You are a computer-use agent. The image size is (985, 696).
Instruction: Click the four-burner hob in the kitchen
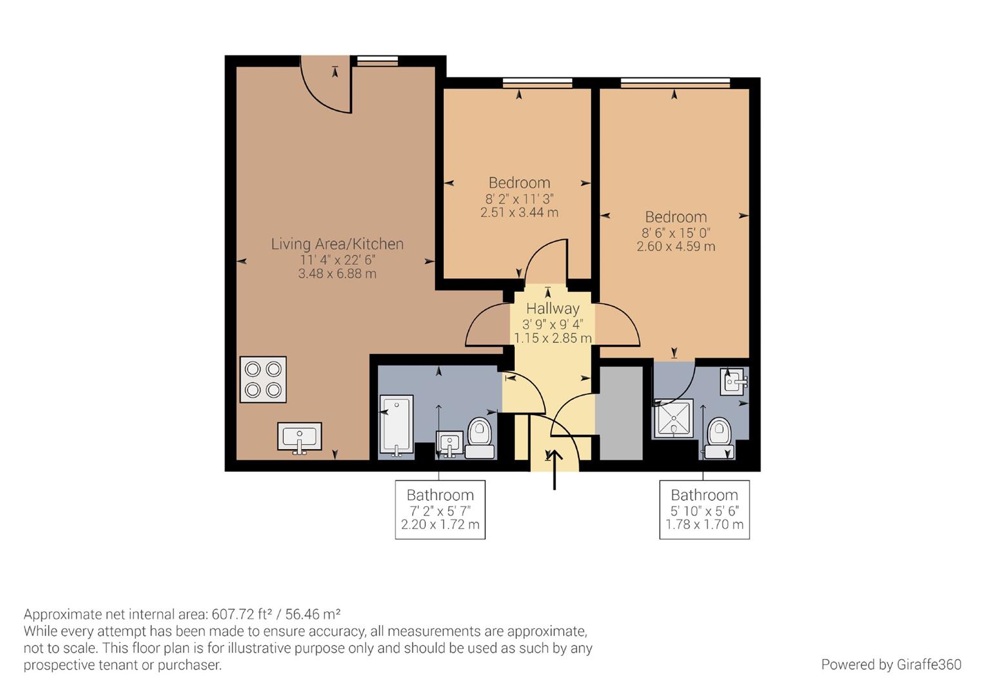(x=263, y=380)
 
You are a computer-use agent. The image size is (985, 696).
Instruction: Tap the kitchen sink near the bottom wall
(x=299, y=437)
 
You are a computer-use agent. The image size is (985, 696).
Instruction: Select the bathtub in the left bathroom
(x=395, y=425)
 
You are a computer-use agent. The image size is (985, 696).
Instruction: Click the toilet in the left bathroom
(x=479, y=436)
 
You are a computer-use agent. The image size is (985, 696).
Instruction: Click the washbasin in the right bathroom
(x=733, y=382)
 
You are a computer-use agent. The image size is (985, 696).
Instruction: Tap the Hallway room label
(x=553, y=309)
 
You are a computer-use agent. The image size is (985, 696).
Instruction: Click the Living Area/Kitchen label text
(x=337, y=244)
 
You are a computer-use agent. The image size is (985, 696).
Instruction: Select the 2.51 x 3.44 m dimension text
(x=519, y=213)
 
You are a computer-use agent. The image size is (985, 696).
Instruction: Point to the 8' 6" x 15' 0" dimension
(x=675, y=233)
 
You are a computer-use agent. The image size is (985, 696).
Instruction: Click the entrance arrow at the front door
(x=555, y=469)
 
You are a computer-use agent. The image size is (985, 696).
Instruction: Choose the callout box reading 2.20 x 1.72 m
(x=440, y=510)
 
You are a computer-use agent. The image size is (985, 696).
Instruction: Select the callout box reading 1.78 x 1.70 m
(x=704, y=510)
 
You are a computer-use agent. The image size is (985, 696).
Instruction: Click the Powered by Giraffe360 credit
(x=891, y=664)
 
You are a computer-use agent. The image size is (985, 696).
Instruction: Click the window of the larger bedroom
(x=675, y=82)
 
